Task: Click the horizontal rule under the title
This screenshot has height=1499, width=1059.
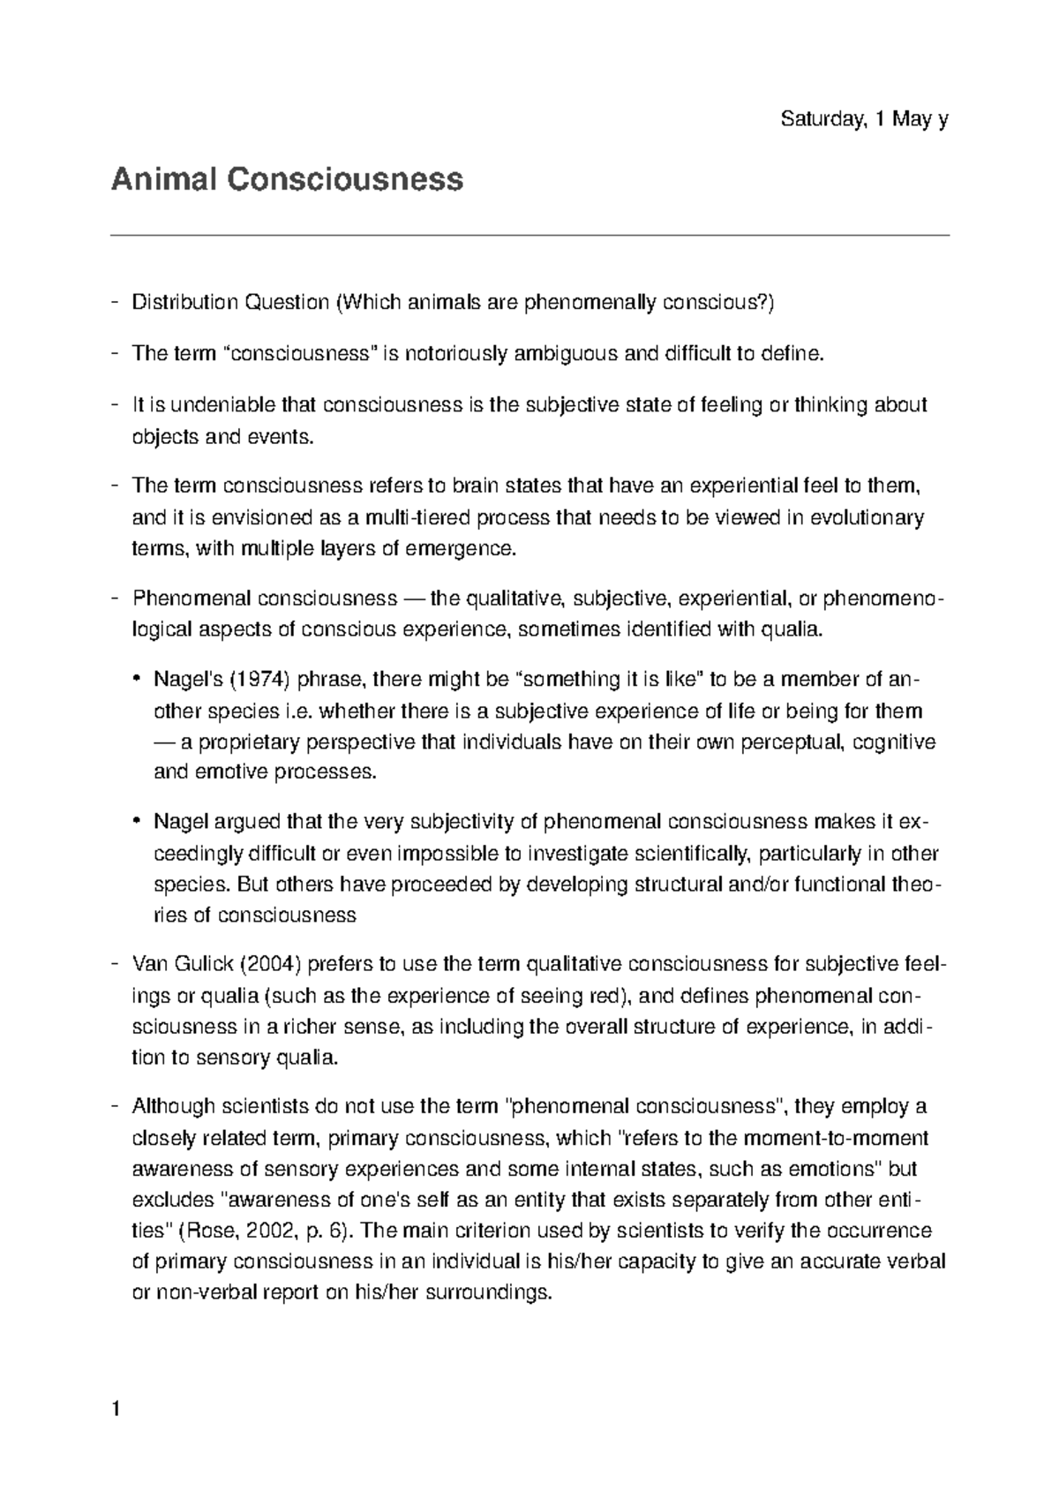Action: (529, 236)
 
